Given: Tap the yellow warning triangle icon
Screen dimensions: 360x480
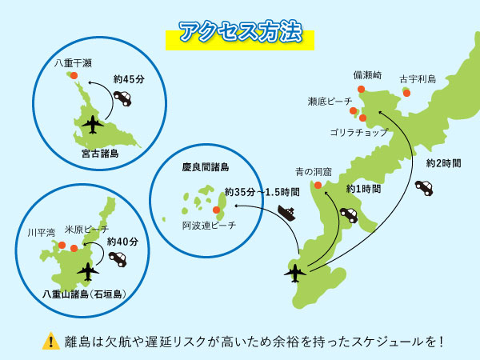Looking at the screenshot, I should pyautogui.click(x=51, y=340).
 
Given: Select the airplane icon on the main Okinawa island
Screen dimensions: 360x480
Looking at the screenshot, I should pyautogui.click(x=295, y=272).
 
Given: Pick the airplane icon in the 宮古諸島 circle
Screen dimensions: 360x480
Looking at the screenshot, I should pyautogui.click(x=94, y=125).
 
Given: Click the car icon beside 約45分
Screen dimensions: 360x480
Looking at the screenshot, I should pyautogui.click(x=122, y=98).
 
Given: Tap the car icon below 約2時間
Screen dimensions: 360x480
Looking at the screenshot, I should pyautogui.click(x=424, y=187).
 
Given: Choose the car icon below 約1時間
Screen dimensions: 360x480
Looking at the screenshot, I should pyautogui.click(x=349, y=214).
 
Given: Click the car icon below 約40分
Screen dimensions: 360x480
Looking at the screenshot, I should pyautogui.click(x=118, y=259).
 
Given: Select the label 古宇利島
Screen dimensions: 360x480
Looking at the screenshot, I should pyautogui.click(x=418, y=79).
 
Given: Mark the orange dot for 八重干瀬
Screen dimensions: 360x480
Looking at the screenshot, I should pyautogui.click(x=74, y=75).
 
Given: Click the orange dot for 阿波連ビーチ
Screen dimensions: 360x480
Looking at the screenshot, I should pyautogui.click(x=216, y=210).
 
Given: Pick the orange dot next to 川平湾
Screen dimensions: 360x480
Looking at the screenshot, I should pyautogui.click(x=62, y=245).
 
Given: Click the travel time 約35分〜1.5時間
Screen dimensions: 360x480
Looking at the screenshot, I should pyautogui.click(x=262, y=192).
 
